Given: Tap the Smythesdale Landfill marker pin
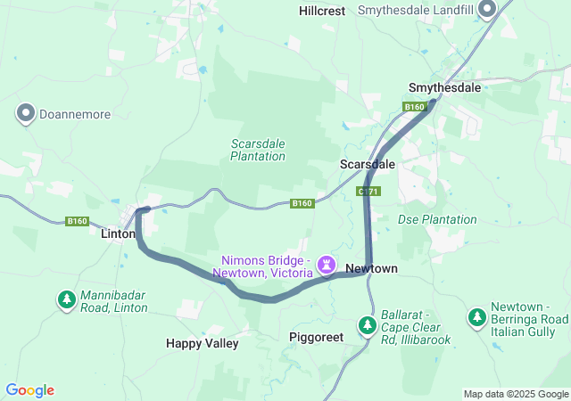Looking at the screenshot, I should (x=487, y=10).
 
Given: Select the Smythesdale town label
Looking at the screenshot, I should (x=444, y=88).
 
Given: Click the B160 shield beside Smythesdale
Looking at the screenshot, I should (x=413, y=107).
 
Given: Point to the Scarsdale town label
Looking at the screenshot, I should (x=367, y=165).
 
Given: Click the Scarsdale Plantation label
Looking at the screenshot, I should (x=258, y=150).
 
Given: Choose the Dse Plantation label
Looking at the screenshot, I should (x=437, y=219).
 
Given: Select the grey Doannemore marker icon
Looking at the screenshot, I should (x=25, y=113).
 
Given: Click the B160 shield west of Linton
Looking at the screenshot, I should (x=78, y=221).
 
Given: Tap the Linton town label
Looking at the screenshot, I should (x=118, y=234).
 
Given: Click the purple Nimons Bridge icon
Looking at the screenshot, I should (x=327, y=265).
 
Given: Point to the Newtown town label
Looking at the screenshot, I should (x=371, y=268).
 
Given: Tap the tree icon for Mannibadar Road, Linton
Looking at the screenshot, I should (x=67, y=300).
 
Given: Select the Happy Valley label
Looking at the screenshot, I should (x=202, y=343).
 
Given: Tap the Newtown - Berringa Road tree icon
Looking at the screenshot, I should (x=477, y=317).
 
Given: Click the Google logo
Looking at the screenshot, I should (x=30, y=390).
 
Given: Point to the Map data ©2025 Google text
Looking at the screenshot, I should (x=516, y=394).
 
